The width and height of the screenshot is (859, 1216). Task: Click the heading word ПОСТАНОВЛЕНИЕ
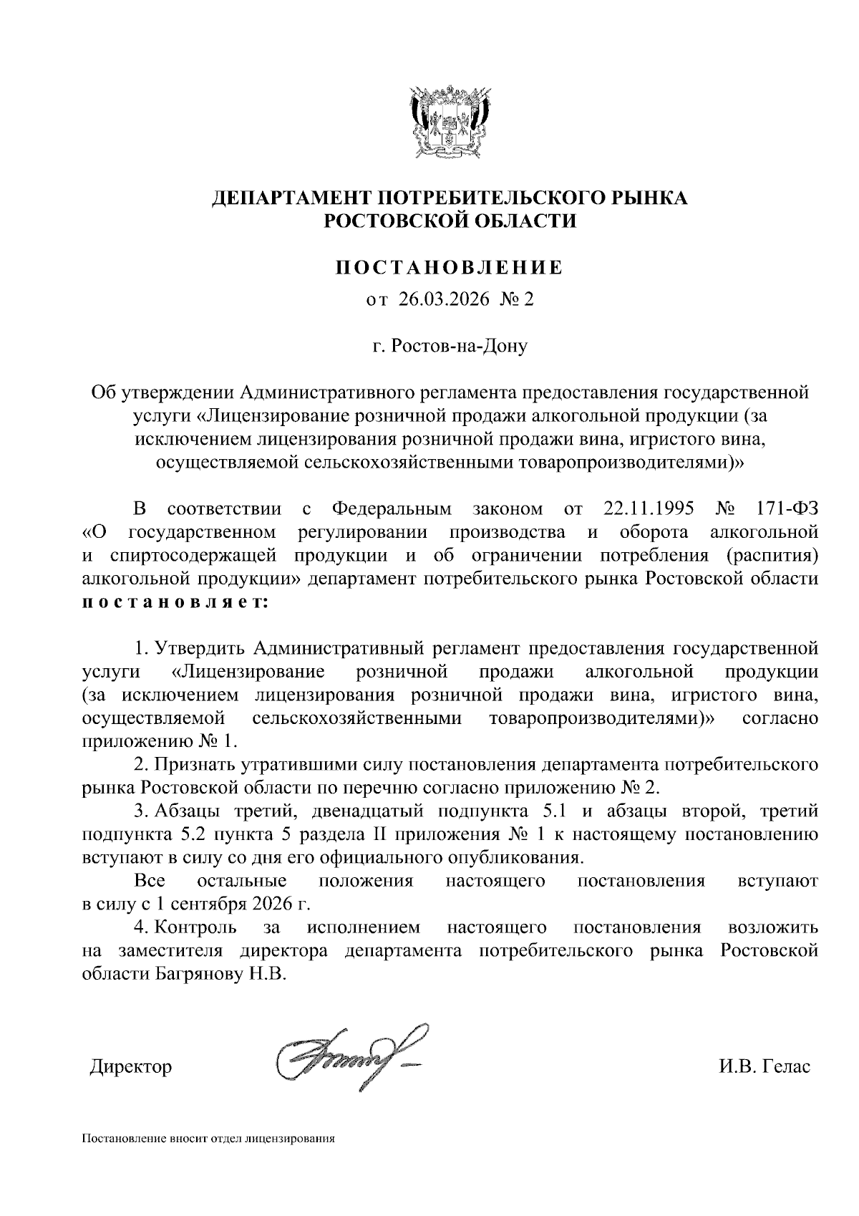click(450, 269)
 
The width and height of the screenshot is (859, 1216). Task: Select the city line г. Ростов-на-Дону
click(450, 347)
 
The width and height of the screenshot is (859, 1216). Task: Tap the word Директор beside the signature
click(132, 1066)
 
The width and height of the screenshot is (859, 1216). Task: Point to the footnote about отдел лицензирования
click(209, 1138)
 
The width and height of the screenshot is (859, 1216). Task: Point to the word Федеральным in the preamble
click(392, 509)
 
